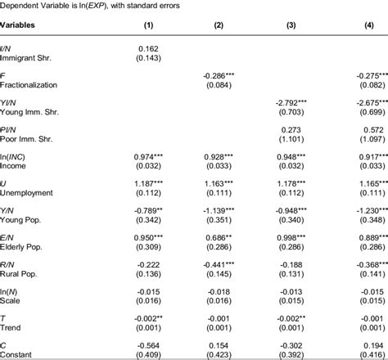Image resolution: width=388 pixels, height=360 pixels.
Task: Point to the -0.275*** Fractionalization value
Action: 363,74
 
